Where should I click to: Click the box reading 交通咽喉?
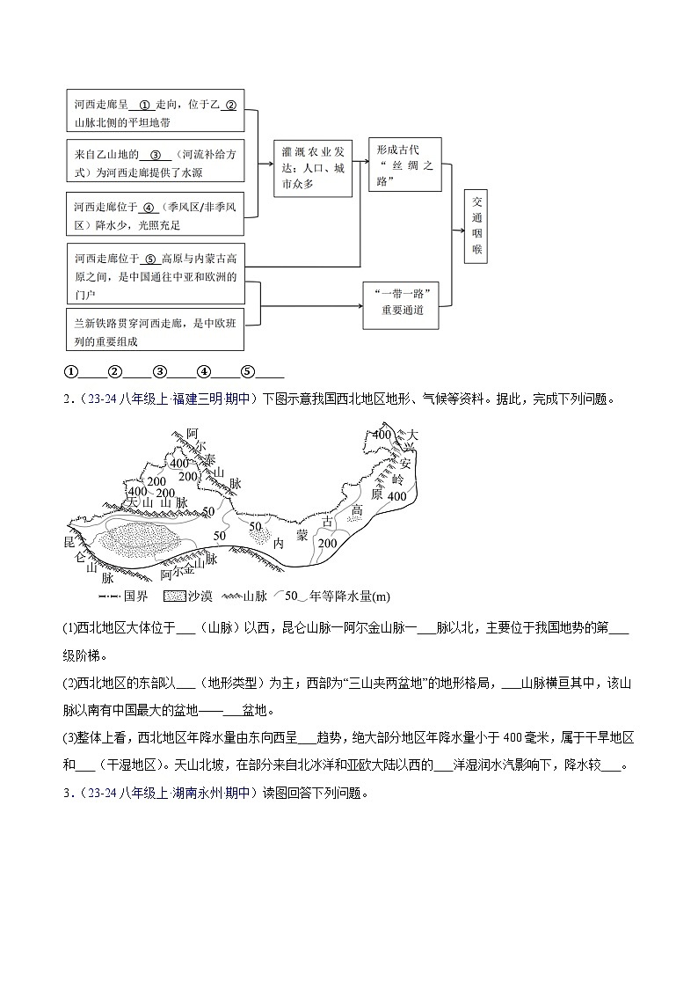[476, 225]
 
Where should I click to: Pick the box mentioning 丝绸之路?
[404, 165]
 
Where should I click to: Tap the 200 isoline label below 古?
[327, 543]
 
